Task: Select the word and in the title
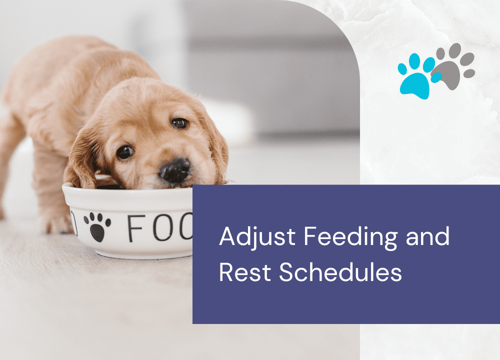pos(427,236)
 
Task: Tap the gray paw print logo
pos(453,66)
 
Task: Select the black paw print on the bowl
pos(97,227)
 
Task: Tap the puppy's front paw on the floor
pos(57,224)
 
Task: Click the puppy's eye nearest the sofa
pos(179,123)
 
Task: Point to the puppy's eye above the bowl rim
pos(124,152)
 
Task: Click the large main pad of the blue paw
pos(414,86)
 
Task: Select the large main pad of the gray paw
pos(448,74)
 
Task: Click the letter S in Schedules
pos(286,272)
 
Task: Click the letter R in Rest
pos(226,272)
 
